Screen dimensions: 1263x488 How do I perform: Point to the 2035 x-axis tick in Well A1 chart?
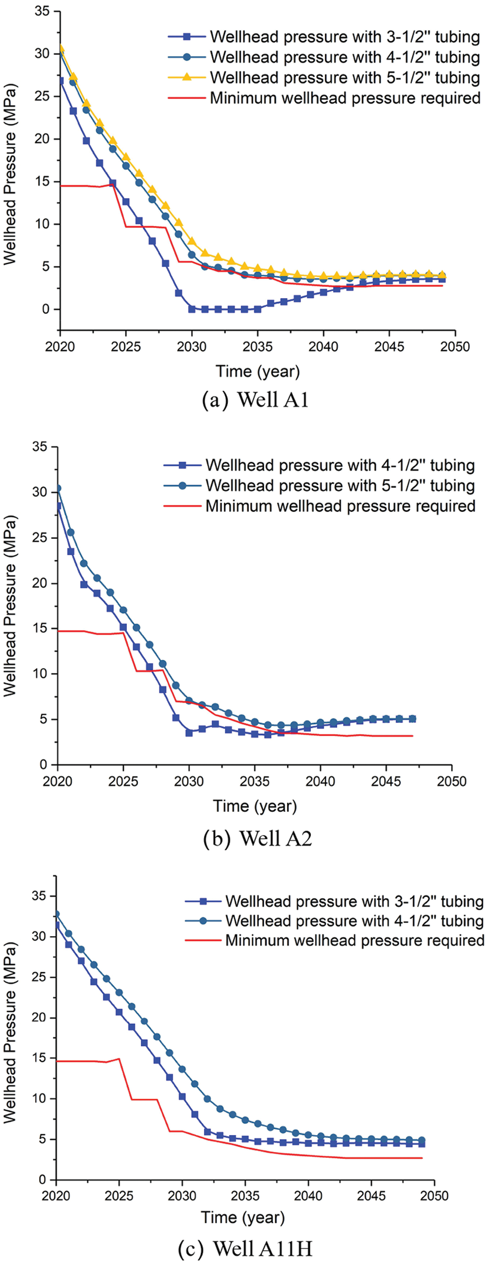click(x=258, y=346)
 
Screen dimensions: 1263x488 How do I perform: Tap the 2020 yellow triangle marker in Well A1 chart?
click(x=60, y=49)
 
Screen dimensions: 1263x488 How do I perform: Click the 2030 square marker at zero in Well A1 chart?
click(x=192, y=309)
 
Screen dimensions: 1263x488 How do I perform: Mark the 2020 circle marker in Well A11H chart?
click(x=56, y=915)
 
